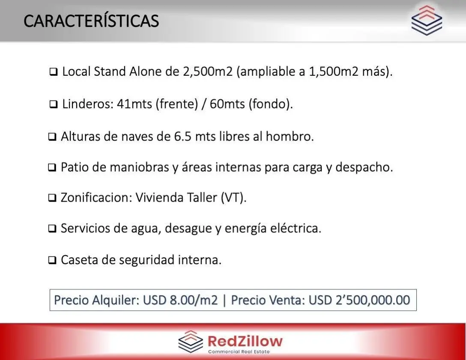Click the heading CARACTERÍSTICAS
[91, 21]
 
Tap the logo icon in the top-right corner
[427, 21]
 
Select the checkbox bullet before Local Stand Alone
[54, 72]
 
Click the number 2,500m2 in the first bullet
[208, 71]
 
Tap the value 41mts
[134, 104]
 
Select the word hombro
[290, 137]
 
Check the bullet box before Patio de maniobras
[52, 167]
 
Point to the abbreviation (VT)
[233, 197]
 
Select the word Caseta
[80, 260]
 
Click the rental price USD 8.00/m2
[180, 300]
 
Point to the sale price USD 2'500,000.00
[359, 300]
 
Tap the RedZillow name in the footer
[245, 341]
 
